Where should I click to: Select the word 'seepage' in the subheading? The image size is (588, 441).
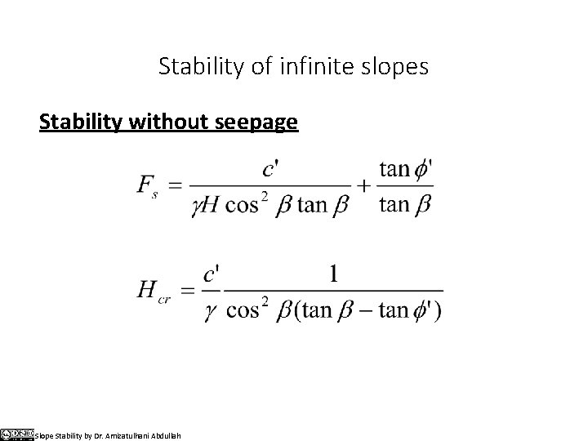[259, 122]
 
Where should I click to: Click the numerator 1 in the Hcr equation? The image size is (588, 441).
[333, 274]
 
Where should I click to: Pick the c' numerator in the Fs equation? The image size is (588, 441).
[272, 170]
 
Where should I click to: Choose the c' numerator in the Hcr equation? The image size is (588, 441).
[211, 274]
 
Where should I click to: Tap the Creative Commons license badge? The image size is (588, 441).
[16, 434]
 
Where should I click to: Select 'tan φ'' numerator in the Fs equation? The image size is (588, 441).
[406, 170]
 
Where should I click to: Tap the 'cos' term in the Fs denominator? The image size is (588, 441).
[250, 205]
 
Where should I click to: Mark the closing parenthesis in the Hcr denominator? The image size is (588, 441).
[439, 311]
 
